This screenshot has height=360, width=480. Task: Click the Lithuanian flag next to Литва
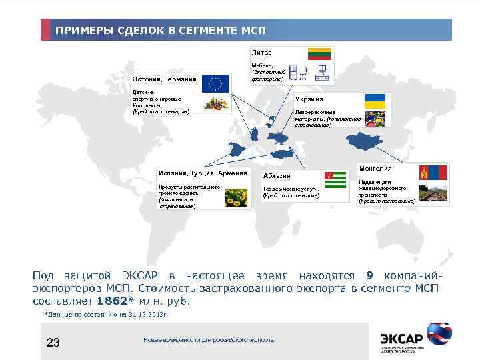[x=319, y=54]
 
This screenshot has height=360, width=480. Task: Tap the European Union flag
[x=215, y=83]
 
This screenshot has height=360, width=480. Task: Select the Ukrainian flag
[x=375, y=101]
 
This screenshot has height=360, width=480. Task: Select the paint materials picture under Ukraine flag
[x=375, y=118]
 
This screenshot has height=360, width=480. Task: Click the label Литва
[x=261, y=51]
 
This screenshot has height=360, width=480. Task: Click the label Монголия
[x=375, y=169]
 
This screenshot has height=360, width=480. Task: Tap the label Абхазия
[x=277, y=176]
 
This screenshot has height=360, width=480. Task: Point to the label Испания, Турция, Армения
[x=202, y=173]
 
